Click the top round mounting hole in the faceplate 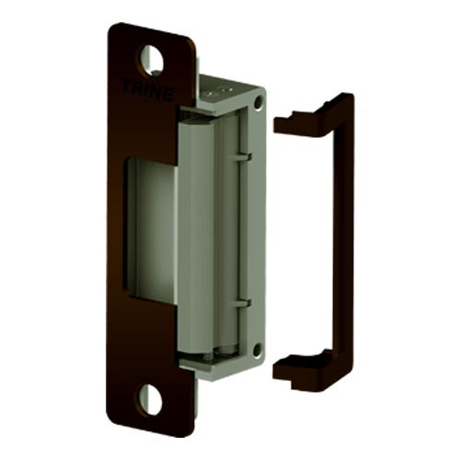(151, 60)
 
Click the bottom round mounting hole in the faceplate (150, 398)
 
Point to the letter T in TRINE (126, 86)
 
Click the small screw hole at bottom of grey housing (257, 350)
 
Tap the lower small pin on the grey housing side (238, 301)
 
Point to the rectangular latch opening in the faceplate (152, 230)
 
